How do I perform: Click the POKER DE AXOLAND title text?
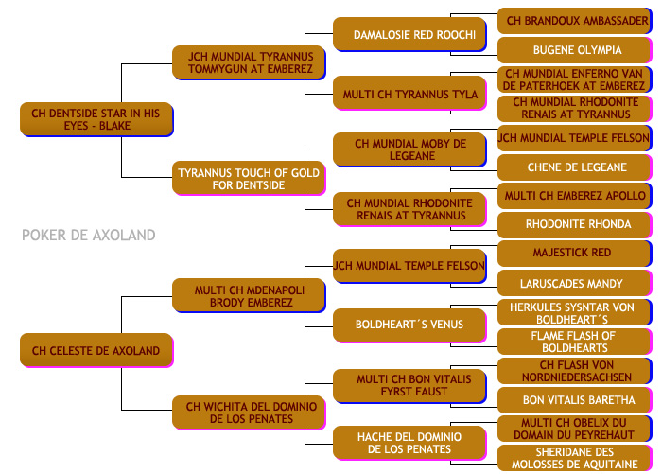(89, 235)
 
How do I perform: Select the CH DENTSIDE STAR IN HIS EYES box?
(96, 119)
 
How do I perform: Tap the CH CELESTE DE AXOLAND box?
(96, 351)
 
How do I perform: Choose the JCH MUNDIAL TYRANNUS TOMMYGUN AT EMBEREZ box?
(249, 63)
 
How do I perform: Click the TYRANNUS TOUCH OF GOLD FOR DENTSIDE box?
(249, 178)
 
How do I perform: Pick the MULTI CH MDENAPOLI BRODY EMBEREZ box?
(249, 296)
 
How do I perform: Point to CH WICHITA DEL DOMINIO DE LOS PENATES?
(249, 413)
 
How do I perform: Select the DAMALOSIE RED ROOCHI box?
(409, 34)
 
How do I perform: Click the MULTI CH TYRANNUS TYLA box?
(409, 94)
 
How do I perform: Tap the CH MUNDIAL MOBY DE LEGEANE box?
(409, 149)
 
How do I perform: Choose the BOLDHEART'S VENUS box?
(409, 325)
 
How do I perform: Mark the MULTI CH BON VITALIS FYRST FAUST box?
(409, 386)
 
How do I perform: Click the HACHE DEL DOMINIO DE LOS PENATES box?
(409, 443)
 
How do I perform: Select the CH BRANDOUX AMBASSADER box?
(575, 21)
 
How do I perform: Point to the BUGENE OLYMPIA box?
(575, 50)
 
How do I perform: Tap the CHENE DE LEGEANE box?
(575, 167)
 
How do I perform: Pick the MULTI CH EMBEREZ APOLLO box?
(575, 196)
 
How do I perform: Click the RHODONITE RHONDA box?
(575, 225)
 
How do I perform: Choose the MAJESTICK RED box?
(575, 253)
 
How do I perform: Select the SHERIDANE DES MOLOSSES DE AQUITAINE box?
(575, 458)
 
